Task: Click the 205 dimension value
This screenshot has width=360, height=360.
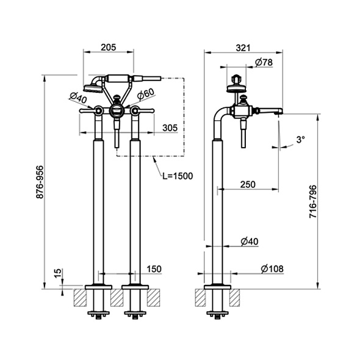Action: (x=109, y=48)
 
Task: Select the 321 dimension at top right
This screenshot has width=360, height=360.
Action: (x=243, y=48)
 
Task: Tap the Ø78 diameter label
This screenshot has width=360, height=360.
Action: (x=264, y=62)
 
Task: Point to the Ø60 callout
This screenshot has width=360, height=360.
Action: (x=146, y=94)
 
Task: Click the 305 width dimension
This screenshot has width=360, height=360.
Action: (x=170, y=128)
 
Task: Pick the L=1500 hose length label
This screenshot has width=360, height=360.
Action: (x=178, y=176)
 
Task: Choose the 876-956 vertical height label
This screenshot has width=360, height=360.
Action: (x=40, y=182)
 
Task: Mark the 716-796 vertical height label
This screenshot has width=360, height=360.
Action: (x=312, y=201)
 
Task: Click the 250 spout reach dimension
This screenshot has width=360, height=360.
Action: (x=248, y=184)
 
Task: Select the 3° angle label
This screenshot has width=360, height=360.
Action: (x=301, y=139)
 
